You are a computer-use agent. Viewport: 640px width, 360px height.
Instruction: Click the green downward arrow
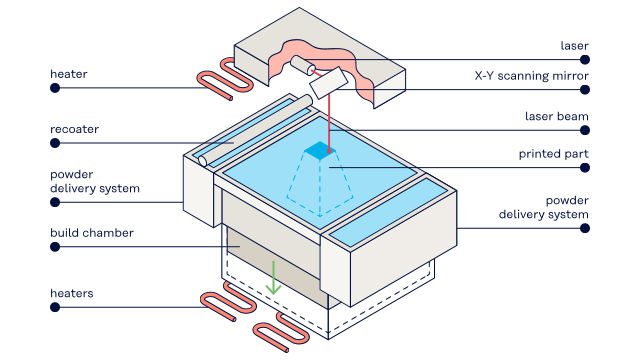tap(273, 278)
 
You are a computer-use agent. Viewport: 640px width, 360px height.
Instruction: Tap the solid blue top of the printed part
tap(320, 150)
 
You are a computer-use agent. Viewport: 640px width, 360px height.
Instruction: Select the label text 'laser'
tap(574, 46)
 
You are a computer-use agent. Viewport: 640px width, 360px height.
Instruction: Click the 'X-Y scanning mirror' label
tap(531, 76)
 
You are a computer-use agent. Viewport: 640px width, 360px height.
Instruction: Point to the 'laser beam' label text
tap(557, 116)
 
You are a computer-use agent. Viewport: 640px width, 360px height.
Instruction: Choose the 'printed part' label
tap(553, 154)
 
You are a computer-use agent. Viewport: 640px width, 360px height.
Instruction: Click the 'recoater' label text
tap(74, 129)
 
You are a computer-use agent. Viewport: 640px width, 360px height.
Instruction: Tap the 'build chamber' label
tap(92, 233)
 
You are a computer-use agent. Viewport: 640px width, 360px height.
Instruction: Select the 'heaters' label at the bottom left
tap(71, 293)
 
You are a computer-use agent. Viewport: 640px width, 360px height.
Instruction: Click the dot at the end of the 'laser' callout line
tap(585, 60)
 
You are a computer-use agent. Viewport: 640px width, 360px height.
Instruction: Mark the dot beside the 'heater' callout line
tap(55, 88)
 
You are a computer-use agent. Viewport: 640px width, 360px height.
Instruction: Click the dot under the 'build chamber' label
tap(55, 247)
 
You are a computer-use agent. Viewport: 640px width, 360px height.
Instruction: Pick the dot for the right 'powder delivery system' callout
tap(585, 228)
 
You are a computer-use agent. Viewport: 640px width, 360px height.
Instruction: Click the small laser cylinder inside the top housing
tap(302, 66)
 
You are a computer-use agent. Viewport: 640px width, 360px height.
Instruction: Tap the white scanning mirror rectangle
tap(328, 83)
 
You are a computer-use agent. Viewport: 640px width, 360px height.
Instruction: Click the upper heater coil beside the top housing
tap(225, 79)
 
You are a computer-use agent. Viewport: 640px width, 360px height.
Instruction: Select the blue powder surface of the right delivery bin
tap(387, 212)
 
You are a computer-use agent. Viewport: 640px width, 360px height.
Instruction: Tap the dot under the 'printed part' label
tap(585, 168)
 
